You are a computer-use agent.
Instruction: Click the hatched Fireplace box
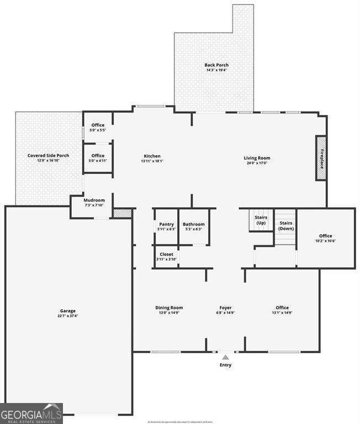click(x=321, y=157)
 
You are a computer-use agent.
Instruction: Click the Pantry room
click(x=166, y=226)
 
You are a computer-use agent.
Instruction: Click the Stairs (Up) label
click(x=261, y=220)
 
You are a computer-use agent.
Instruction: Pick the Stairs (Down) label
click(x=286, y=225)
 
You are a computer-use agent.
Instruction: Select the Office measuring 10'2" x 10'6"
click(x=325, y=238)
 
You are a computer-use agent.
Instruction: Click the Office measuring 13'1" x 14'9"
click(x=282, y=310)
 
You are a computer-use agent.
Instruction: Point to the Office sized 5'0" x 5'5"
click(x=98, y=128)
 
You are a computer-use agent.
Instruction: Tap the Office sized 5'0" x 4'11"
click(x=98, y=158)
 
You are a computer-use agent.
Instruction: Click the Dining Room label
click(x=169, y=310)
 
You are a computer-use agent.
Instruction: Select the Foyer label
click(x=225, y=310)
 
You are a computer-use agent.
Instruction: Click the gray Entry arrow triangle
click(x=225, y=358)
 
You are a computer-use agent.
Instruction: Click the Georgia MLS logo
click(x=31, y=414)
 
